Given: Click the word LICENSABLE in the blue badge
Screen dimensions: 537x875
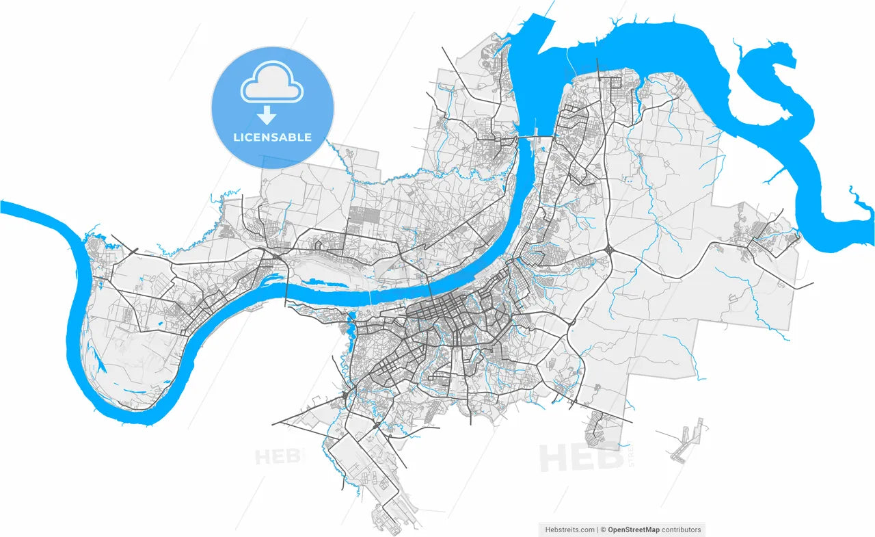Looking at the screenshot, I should click(x=272, y=137).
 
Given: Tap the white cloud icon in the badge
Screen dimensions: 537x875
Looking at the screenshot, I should click(x=271, y=83).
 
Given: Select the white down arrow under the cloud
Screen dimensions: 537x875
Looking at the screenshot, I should click(x=266, y=115).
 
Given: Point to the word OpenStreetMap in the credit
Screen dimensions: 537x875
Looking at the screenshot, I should click(x=633, y=529).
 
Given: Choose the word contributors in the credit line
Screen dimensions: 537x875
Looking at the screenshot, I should click(x=681, y=529).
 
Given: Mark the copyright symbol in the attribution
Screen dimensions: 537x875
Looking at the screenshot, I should click(x=603, y=529).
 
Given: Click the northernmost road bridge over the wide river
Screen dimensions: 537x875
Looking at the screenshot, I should click(x=526, y=137).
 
